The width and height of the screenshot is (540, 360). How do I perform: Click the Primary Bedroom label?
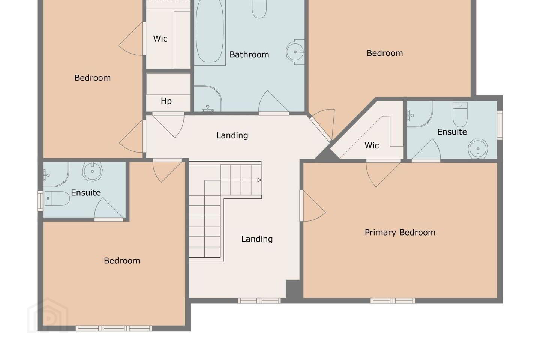400,232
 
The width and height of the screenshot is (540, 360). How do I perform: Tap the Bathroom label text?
249,55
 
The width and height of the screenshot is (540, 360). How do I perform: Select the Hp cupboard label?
166,101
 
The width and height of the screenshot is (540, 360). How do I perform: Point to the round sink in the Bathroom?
295,52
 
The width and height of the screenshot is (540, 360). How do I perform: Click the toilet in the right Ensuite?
460,114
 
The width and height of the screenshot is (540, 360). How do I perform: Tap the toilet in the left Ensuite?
57,198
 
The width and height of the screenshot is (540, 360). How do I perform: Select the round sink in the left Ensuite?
92,171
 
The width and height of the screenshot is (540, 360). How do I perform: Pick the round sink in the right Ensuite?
478,149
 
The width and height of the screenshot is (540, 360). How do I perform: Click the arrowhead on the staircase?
259,180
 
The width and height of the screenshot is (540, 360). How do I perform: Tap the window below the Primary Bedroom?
393,301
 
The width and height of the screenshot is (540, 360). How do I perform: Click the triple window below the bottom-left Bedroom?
114,328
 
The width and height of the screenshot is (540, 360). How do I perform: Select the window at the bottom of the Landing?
259,301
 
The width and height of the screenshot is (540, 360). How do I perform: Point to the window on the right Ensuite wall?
500,125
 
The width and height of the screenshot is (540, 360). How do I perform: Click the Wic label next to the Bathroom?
160,39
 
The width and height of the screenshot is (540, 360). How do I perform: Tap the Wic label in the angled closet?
372,145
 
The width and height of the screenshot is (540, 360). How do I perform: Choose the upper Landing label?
232,135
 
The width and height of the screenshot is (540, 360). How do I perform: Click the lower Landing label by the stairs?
257,239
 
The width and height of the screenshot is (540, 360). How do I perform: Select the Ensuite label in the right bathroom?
452,132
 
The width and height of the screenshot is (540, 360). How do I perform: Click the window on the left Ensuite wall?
40,201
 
